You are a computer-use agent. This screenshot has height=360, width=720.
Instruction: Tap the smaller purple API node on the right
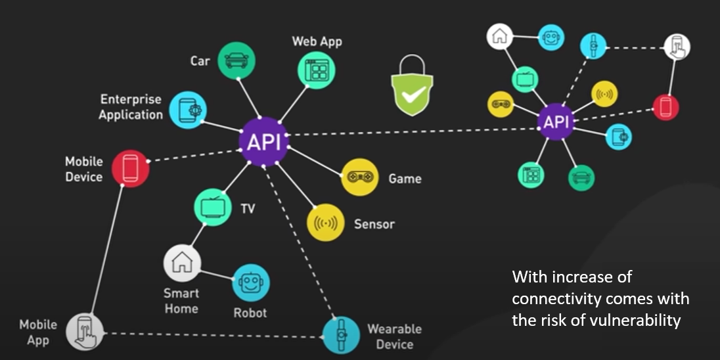point(555,122)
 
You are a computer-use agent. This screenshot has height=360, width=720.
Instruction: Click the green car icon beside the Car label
point(236,61)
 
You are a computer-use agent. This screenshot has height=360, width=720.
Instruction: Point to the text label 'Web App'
point(317,41)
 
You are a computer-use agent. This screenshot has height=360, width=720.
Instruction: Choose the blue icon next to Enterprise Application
point(188,110)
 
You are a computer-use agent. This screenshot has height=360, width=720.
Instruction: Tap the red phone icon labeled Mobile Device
point(130,169)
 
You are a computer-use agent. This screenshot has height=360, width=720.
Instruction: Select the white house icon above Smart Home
point(182,263)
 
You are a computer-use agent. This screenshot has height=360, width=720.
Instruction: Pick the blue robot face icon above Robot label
point(250,283)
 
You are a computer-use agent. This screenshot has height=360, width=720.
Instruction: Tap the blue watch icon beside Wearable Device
point(341,335)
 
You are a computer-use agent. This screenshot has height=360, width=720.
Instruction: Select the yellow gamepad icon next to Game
point(360,177)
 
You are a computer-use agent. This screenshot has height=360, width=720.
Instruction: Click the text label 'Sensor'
point(374,224)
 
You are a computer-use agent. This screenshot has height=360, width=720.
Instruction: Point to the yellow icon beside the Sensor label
point(326,223)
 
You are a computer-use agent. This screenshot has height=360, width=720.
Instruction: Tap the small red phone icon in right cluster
point(665,108)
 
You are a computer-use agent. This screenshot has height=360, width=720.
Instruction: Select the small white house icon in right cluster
point(499,36)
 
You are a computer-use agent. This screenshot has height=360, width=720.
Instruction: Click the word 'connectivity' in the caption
point(555,299)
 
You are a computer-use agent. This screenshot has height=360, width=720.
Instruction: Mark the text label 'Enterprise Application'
point(131,107)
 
